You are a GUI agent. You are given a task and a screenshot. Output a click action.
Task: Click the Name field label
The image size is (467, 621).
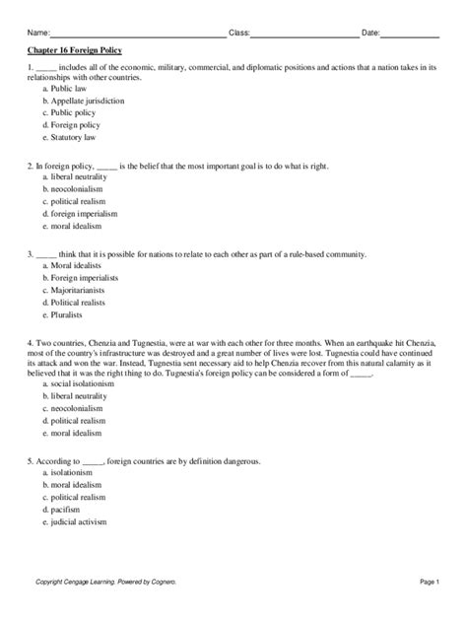(x=37, y=34)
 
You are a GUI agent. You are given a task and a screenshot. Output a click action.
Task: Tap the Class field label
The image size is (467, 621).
(x=237, y=34)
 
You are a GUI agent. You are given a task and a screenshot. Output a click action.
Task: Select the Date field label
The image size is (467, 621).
(x=370, y=34)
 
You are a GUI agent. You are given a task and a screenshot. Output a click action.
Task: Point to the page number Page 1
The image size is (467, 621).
(x=427, y=583)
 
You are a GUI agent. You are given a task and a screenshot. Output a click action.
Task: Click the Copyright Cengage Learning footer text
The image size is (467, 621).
(x=108, y=583)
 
